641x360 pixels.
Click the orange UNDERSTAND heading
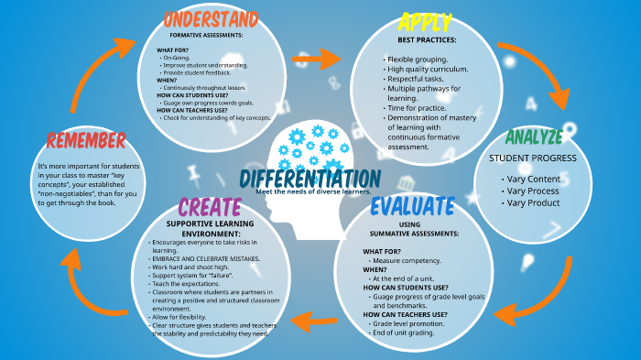[x=210, y=18]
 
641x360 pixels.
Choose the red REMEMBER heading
[x=86, y=140]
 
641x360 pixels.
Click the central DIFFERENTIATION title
[x=310, y=177]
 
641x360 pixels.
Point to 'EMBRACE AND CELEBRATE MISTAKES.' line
[x=205, y=258]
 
